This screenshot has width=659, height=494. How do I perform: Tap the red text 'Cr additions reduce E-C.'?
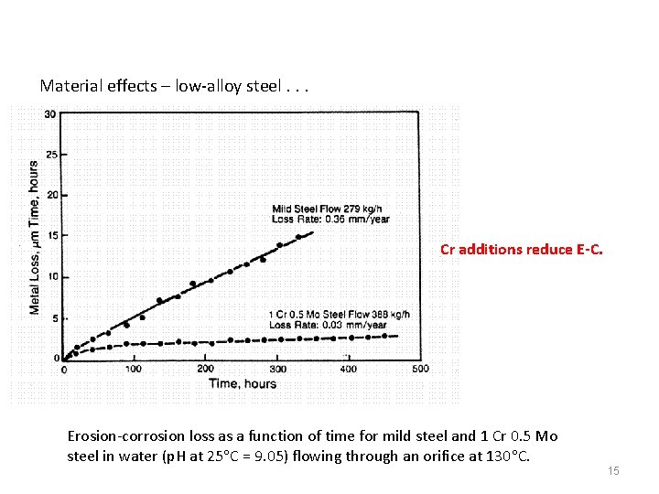522,249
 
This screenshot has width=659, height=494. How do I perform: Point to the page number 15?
613,470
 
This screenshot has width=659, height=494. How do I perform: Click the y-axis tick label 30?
49,114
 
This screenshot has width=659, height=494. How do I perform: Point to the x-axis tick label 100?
133,370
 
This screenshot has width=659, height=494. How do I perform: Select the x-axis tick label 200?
205,370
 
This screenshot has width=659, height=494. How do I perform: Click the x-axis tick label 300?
277,370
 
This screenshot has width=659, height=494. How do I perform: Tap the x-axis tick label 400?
348,370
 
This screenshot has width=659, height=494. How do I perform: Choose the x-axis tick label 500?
419,370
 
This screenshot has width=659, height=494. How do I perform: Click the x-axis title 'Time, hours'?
243,384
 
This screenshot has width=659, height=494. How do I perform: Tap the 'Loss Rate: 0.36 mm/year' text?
318,219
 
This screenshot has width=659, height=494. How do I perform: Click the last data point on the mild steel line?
298,237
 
